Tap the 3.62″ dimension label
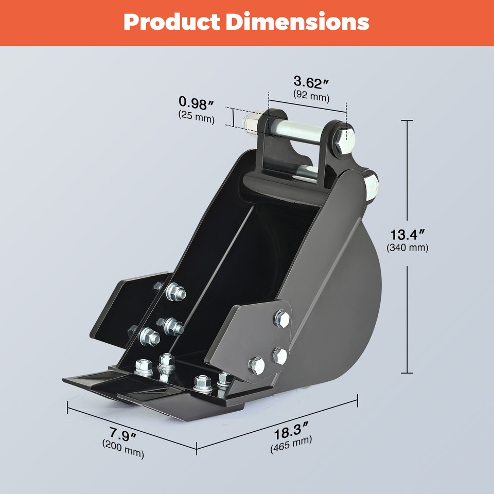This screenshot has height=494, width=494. [x=311, y=82]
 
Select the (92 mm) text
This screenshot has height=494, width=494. [x=311, y=96]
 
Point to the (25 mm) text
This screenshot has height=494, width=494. [x=196, y=117]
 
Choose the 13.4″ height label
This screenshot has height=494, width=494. [x=407, y=235]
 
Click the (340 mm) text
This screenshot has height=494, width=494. [x=407, y=248]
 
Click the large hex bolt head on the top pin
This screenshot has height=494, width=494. [x=343, y=139]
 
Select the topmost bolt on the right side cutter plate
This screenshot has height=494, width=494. [x=281, y=319]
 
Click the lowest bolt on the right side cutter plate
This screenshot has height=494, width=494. [x=256, y=365]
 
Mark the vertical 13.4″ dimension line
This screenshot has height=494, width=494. [x=407, y=309]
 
